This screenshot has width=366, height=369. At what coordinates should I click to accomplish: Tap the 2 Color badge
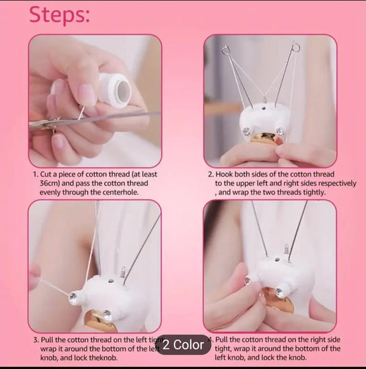(x=183, y=344)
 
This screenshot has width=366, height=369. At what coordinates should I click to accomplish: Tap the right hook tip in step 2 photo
(x=296, y=47)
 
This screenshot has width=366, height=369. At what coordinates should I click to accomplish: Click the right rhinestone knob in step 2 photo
(x=281, y=131)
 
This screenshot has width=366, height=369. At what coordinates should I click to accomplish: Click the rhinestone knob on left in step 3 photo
(x=73, y=297)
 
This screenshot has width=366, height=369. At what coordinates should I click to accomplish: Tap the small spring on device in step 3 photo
(x=123, y=274)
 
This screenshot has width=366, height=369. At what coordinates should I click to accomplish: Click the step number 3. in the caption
(x=36, y=339)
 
